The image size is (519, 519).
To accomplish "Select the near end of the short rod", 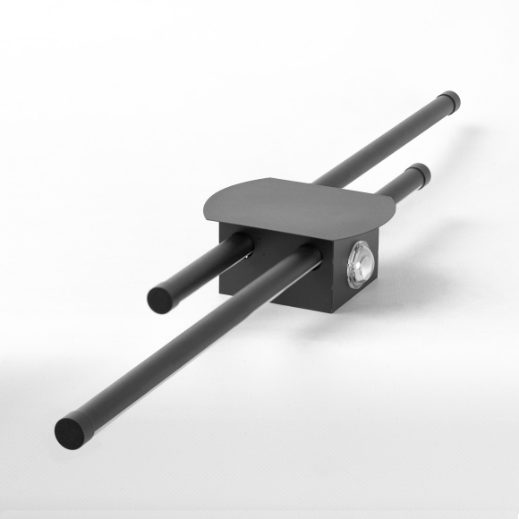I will [161, 298].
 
